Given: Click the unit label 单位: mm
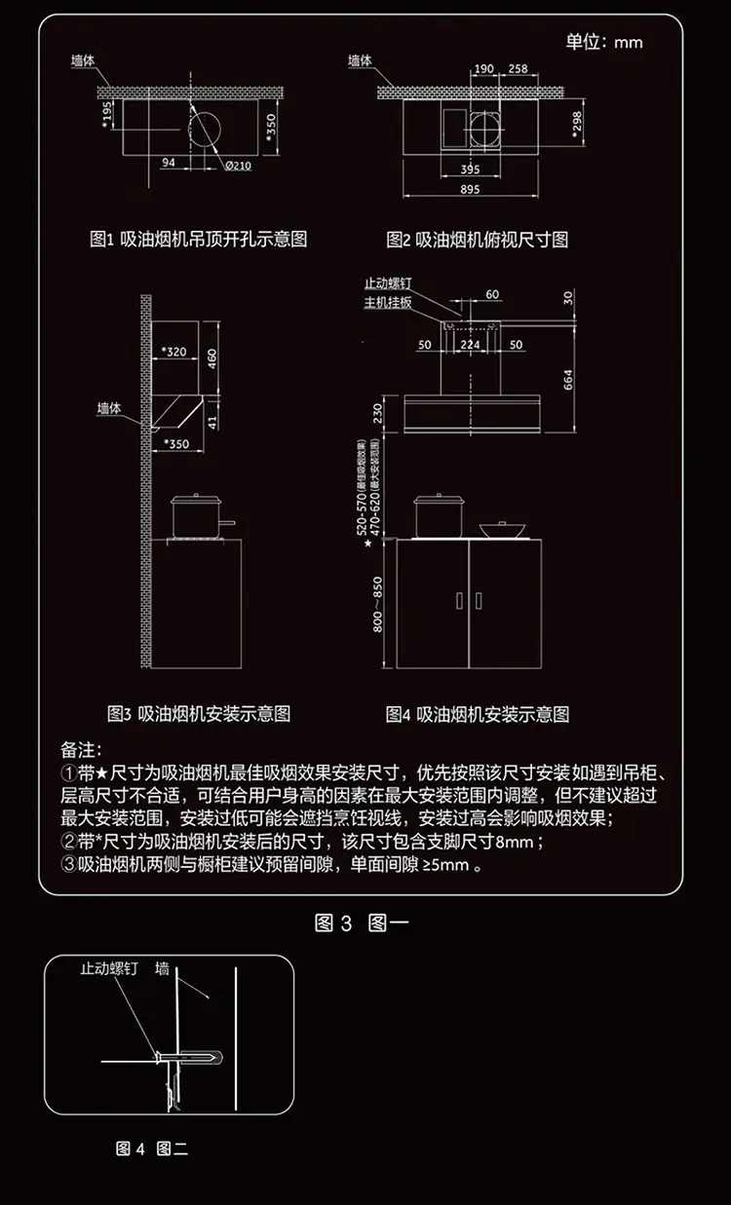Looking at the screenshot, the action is pos(604,42).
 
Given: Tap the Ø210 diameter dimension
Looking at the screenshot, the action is pos(238,165).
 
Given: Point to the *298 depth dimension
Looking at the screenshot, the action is pos(577,124).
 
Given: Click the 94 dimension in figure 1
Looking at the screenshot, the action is pos(169,164).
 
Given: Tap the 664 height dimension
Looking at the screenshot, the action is pos(568,377).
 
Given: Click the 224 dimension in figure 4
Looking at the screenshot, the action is pos(470,345).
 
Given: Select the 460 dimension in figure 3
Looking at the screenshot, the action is pos(212,358).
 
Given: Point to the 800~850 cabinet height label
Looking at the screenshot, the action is pos(377,603).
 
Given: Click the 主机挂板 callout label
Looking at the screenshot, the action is pos(388,303).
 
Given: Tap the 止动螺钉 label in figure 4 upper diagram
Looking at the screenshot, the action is pos(388,283).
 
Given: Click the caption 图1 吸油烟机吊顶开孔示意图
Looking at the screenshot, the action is pos(198,239).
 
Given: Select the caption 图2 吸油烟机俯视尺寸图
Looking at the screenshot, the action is pos(477,239).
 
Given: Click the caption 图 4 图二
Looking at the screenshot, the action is pos(151,1149).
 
